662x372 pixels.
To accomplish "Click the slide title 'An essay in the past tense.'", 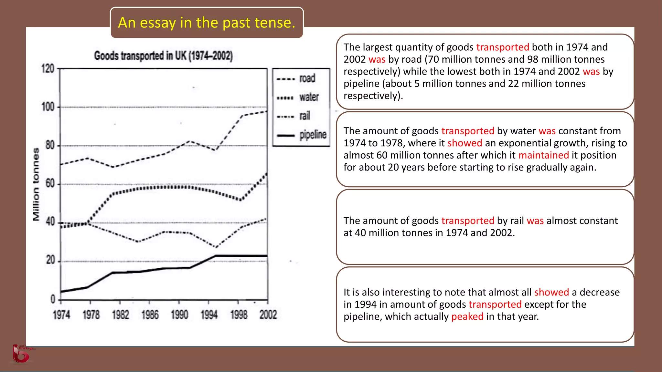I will (207, 23).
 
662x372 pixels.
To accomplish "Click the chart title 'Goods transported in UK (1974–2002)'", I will (163, 56).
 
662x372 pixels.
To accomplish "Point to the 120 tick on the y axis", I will (48, 69).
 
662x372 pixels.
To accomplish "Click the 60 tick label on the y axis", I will (50, 184).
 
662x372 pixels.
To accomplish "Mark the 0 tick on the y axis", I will (53, 299).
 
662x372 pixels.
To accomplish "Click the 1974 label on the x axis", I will (61, 315).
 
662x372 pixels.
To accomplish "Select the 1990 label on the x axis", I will (179, 315).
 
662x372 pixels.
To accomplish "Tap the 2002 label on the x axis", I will (268, 315).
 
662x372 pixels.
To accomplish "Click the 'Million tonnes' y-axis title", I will (36, 184).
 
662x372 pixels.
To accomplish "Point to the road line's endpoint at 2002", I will (267, 111).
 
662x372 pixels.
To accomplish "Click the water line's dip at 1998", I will (240, 200).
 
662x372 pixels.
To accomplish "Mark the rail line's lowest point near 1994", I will (216, 247).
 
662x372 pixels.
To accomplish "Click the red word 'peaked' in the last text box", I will (467, 316).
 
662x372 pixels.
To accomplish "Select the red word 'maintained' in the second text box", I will (543, 155).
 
